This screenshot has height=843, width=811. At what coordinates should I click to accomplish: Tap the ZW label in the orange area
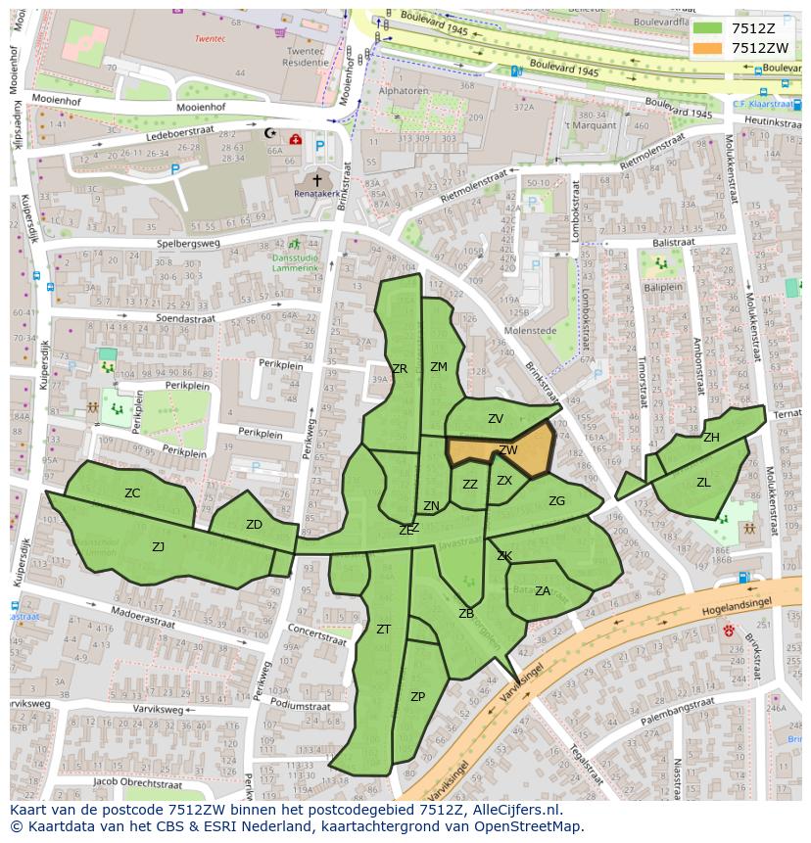coord(508,450)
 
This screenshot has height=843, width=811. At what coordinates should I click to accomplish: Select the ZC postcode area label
coord(132,493)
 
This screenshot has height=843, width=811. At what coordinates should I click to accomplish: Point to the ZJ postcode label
coord(158,546)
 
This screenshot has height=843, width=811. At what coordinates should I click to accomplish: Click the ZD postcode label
coord(254,525)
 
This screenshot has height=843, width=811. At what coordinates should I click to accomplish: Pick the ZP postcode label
coord(417,697)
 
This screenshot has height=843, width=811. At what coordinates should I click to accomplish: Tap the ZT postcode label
coord(383,630)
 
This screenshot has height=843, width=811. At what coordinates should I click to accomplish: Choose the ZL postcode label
coord(703,483)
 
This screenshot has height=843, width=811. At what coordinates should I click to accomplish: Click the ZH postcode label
coord(711,438)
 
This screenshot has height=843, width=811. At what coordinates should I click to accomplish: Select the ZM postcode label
coord(438,367)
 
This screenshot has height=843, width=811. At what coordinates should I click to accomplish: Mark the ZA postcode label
coord(542,590)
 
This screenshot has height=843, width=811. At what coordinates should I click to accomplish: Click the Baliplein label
coord(662,288)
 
